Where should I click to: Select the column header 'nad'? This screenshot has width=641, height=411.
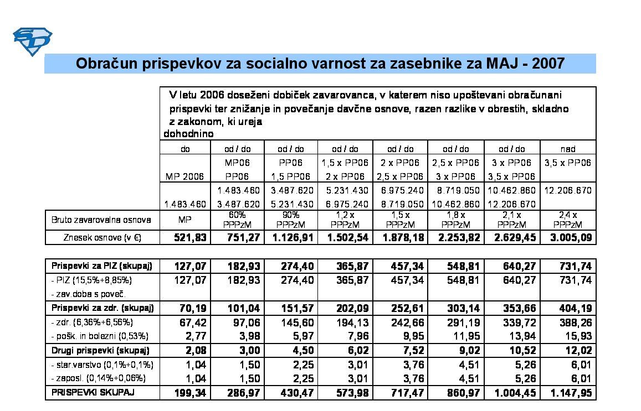(568, 149)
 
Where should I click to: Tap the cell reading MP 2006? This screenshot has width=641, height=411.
(185, 176)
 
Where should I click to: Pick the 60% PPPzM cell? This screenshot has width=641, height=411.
(238, 220)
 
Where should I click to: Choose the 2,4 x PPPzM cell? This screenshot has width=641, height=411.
(568, 220)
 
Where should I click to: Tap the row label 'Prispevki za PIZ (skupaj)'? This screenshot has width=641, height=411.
(102, 266)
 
